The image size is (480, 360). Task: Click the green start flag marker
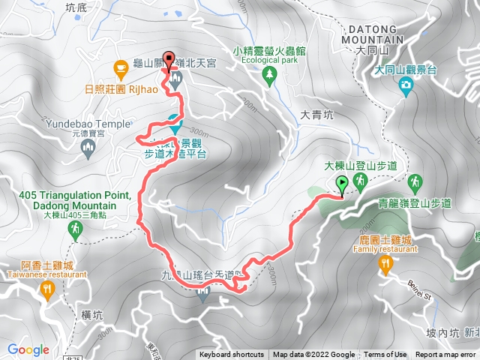tap(343, 182)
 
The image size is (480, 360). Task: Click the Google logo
tap(28, 349)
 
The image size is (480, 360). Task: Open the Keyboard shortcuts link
tap(231, 355)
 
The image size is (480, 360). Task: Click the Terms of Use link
tap(385, 355)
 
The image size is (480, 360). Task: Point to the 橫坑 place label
tap(91, 316)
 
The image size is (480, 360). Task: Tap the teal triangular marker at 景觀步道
tap(175, 120)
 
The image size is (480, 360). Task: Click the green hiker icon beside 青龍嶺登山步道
tap(415, 182)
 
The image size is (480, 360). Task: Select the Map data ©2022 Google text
tap(313, 355)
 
